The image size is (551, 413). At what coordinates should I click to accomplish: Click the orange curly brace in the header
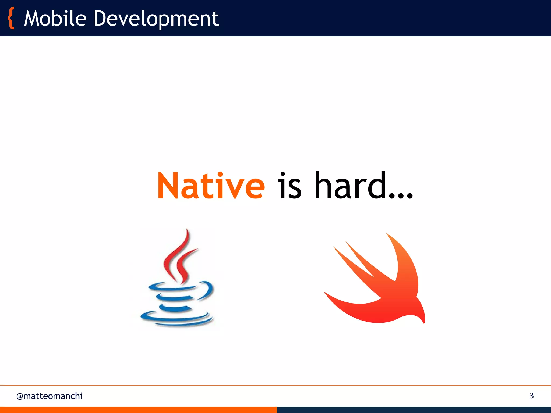(x=11, y=18)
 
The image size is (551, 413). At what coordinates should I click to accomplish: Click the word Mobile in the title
(x=55, y=19)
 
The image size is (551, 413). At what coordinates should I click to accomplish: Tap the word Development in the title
(x=156, y=19)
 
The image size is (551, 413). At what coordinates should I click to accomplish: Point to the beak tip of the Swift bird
(x=423, y=321)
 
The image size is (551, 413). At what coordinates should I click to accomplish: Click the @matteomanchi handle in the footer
(x=50, y=396)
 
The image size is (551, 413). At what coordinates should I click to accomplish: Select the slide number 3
(x=531, y=396)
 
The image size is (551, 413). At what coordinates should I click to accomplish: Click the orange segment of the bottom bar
(x=138, y=410)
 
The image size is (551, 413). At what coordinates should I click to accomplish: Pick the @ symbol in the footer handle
(x=20, y=396)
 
